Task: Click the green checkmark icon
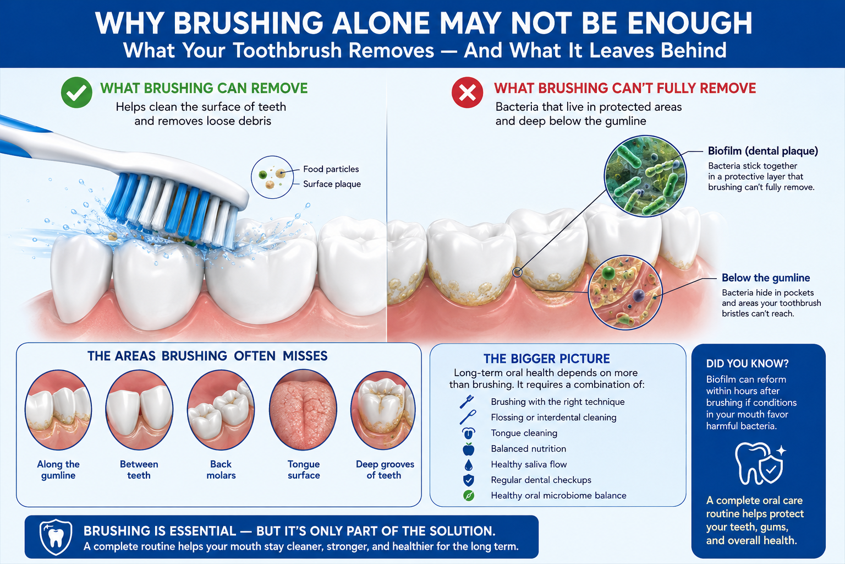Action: (76, 93)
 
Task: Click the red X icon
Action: (467, 93)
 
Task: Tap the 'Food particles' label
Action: (331, 169)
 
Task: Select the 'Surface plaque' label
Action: (332, 184)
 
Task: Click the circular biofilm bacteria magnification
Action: (645, 176)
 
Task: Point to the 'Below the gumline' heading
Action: (766, 278)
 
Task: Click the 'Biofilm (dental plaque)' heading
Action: (763, 151)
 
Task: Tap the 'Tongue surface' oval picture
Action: (303, 409)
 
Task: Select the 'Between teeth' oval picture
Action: (139, 409)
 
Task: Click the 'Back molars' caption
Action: (221, 470)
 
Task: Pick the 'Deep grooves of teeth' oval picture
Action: (383, 409)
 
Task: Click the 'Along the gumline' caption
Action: (58, 470)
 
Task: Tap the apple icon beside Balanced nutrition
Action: (469, 449)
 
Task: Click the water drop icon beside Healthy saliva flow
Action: (469, 465)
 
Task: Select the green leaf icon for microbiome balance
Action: (469, 496)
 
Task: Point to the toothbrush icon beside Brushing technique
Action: (467, 402)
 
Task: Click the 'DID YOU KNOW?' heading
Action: (747, 364)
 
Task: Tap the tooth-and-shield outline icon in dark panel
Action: (760, 464)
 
